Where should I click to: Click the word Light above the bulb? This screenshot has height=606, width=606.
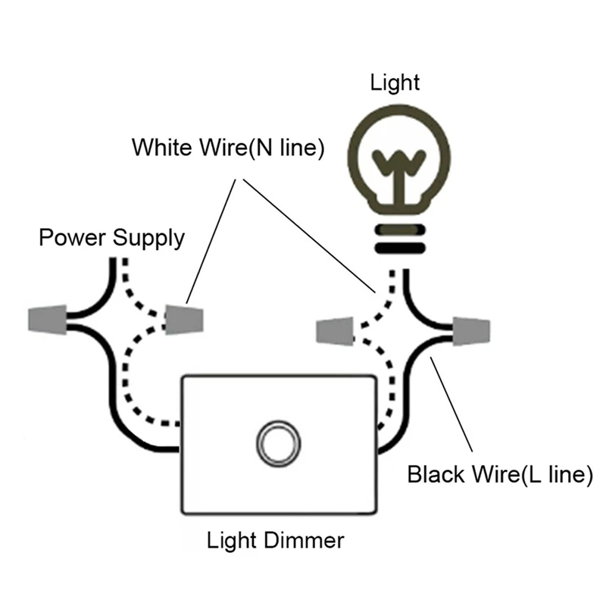point(395,83)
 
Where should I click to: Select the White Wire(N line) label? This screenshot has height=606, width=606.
point(228,147)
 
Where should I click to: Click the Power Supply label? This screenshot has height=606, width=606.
point(111,238)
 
